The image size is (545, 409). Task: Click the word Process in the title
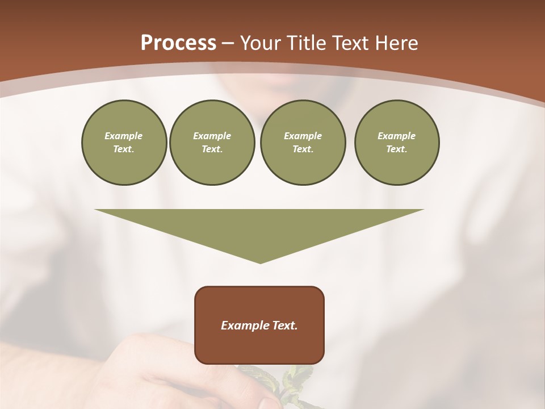[x=178, y=43]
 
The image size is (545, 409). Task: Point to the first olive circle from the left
[x=124, y=143]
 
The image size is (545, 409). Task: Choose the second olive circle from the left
[x=212, y=143]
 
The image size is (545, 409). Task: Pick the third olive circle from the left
[x=303, y=143]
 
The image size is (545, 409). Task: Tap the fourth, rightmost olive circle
[x=397, y=143]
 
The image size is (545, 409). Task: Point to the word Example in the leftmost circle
[x=124, y=136]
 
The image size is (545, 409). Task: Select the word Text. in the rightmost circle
[x=397, y=149]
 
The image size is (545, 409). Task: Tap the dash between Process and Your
[x=228, y=43]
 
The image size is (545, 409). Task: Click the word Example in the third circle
[x=303, y=136]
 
